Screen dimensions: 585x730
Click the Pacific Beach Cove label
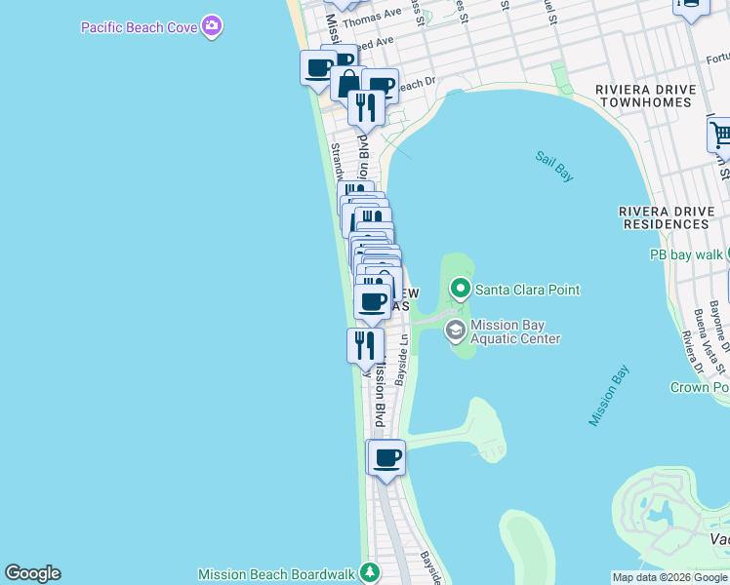139,27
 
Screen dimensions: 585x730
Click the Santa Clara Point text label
527,290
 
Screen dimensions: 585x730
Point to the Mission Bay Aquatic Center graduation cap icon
455,331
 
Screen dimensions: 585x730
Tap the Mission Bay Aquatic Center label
515,332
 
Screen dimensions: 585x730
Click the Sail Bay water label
553,165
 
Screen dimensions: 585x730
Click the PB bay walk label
687,254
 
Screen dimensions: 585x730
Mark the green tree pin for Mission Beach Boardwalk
369,572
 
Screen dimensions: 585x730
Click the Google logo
32,573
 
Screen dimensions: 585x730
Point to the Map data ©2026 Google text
669,577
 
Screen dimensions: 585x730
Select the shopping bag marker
345,81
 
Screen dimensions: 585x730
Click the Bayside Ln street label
400,361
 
